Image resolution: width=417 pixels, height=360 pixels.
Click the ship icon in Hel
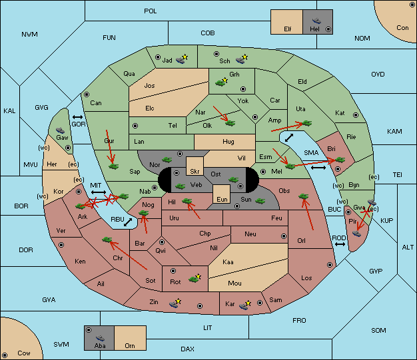(x=316, y=21)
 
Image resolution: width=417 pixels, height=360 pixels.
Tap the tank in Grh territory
(x=220, y=83)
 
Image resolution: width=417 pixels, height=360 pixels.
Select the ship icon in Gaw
(x=61, y=130)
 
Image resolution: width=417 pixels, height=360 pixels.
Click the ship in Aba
(x=101, y=338)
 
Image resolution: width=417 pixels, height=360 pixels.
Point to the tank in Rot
(x=193, y=279)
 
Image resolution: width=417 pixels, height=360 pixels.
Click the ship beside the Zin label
(x=174, y=304)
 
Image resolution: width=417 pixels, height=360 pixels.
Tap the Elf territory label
(x=288, y=29)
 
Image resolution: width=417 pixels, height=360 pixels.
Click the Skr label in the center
(x=195, y=172)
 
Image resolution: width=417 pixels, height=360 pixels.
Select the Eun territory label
(x=222, y=199)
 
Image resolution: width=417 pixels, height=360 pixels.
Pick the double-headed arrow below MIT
(x=99, y=192)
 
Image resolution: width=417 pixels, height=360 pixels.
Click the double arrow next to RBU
(x=128, y=222)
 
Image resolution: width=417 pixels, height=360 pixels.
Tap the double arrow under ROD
(x=340, y=244)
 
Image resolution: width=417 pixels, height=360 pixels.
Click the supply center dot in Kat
(x=356, y=115)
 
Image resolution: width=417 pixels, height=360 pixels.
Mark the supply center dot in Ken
(x=61, y=245)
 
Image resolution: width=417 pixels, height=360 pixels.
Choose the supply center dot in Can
(x=87, y=94)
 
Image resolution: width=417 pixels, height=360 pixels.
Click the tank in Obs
(x=304, y=196)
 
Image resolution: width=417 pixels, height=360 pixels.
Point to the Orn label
(x=130, y=345)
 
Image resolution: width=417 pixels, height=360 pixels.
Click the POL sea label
(x=151, y=11)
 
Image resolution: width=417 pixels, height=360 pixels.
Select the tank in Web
(x=180, y=186)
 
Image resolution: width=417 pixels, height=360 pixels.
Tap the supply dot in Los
(x=330, y=265)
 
